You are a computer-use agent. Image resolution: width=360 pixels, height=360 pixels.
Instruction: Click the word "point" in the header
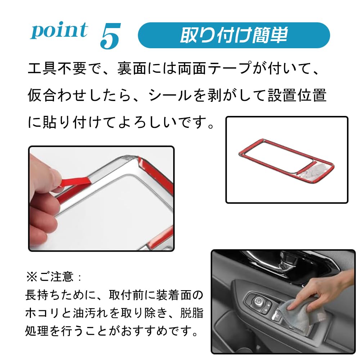click(x=59, y=31)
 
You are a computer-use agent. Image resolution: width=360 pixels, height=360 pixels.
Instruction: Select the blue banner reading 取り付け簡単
click(x=234, y=35)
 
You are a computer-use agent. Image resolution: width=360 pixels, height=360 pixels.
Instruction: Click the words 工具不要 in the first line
click(x=57, y=68)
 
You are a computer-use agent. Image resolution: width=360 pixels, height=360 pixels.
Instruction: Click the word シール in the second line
click(x=170, y=95)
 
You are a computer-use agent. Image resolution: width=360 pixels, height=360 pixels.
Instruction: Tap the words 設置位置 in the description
click(x=297, y=95)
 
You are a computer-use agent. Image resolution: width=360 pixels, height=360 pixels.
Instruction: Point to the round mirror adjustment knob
click(x=259, y=300)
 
